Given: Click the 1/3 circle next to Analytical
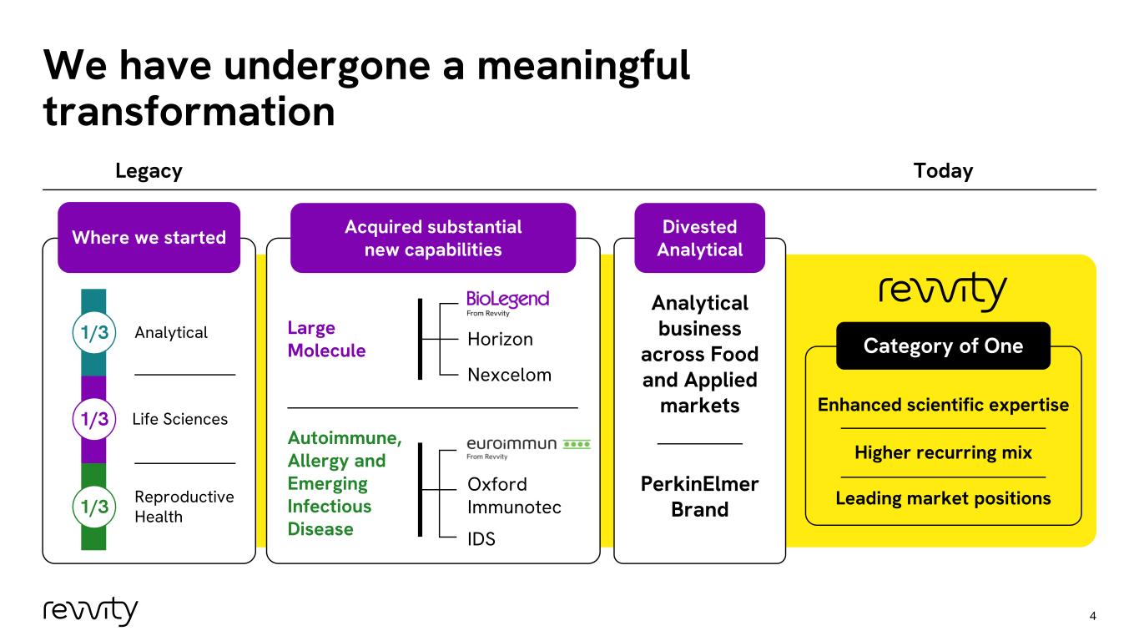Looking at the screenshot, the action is [94, 332].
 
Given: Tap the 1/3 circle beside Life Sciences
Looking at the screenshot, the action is [94, 419].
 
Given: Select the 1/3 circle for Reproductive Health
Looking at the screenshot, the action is [94, 506].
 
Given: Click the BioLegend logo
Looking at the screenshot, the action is [508, 303].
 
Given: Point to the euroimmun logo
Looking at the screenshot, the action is [528, 447].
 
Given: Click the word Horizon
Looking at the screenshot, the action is [500, 340].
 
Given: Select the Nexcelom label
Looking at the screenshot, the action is [509, 375].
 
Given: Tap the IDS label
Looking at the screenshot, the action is [481, 538].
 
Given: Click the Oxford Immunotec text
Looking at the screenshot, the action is [514, 496].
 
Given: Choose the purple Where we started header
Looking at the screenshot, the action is [149, 237].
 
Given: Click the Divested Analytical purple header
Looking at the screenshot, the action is [699, 238].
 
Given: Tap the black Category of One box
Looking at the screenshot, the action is [943, 346].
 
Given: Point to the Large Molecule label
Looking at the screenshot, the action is [326, 339].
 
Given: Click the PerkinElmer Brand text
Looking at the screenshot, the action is [699, 497].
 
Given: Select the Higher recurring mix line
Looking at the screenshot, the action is [943, 452].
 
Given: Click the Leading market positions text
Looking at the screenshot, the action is [943, 498].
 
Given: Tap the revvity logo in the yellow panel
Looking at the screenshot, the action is [943, 291].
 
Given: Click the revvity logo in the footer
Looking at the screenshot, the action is [90, 611].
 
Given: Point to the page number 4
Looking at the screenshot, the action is [1093, 616].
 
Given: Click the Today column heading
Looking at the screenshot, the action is [943, 171].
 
